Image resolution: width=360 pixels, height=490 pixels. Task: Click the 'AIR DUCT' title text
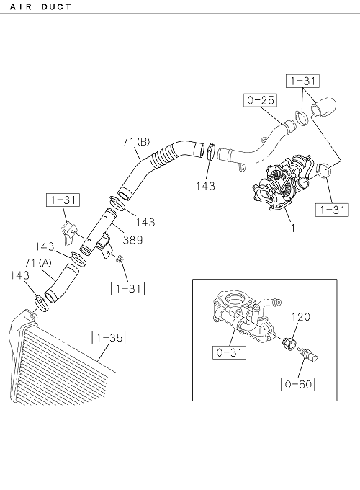click(x=40, y=6)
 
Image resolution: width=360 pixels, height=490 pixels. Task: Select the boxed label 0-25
click(x=261, y=101)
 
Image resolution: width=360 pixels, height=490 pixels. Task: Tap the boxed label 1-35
click(x=109, y=338)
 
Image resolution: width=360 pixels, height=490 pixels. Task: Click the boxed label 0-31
click(x=229, y=352)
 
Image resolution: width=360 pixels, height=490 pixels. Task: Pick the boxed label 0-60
click(x=298, y=384)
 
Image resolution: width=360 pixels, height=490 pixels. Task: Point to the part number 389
click(x=132, y=240)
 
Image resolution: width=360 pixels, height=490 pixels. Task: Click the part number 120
click(x=301, y=317)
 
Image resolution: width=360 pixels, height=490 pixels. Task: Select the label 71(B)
click(x=136, y=142)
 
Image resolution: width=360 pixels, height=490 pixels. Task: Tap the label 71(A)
click(x=37, y=263)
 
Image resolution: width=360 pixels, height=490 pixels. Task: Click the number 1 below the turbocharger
click(x=293, y=228)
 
